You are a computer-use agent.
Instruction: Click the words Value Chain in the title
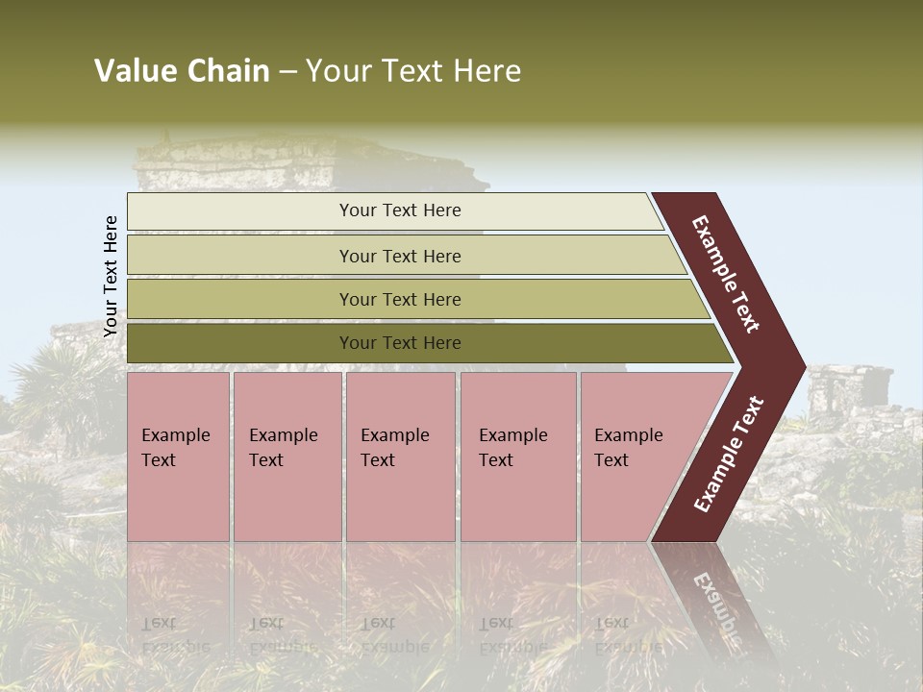[x=182, y=71]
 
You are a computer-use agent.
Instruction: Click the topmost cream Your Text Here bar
[x=399, y=211]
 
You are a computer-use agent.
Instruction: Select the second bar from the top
[x=399, y=256]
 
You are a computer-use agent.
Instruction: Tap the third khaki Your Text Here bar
[x=399, y=300]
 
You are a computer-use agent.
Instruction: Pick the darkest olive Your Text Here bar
[x=399, y=343]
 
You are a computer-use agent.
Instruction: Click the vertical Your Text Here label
[x=111, y=277]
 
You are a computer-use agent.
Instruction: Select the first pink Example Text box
[x=178, y=457]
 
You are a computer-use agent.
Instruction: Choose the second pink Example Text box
[x=287, y=457]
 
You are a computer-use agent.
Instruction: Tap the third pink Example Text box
[x=400, y=457]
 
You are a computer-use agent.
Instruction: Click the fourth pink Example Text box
[x=517, y=457]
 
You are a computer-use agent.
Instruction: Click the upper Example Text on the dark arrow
[x=727, y=274]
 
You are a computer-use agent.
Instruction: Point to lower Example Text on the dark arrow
[x=729, y=454]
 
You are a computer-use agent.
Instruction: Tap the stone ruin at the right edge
[x=851, y=394]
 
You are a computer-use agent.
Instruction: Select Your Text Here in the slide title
[x=413, y=71]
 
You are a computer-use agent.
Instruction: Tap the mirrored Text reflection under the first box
[x=159, y=623]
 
